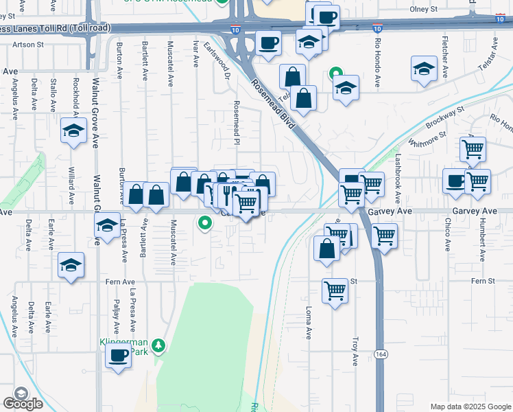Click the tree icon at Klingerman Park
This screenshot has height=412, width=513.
pos(159,345)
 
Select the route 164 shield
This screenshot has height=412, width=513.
pos(381,353)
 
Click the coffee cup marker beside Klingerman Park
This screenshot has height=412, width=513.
pos(119,356)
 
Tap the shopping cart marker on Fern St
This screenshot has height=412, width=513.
pos(335,291)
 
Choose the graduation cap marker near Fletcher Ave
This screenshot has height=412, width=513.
pos(425,69)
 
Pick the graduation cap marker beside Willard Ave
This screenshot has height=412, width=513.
pos(72,130)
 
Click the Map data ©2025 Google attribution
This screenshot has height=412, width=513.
pos(470,406)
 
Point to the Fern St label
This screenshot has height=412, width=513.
pos(482,281)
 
